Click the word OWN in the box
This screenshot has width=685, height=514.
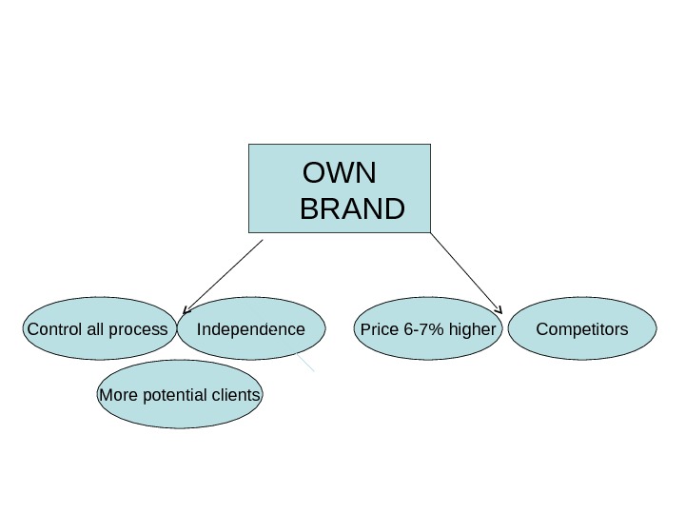tap(339, 174)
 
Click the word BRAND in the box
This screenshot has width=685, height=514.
tap(352, 208)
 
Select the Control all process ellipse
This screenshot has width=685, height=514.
tap(98, 330)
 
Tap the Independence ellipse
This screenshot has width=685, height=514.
tap(251, 329)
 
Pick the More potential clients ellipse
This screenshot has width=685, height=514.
tap(180, 395)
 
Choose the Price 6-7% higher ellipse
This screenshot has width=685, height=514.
tap(428, 329)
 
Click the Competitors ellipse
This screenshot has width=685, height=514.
tap(582, 329)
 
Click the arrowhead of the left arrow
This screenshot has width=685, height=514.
tap(185, 309)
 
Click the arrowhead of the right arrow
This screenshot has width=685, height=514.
tap(500, 309)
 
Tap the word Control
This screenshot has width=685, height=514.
tap(55, 330)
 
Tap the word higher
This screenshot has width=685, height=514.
tap(473, 330)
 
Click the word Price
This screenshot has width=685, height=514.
tap(380, 330)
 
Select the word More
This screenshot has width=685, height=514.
tap(118, 395)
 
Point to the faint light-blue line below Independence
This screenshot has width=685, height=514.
tap(305, 363)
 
